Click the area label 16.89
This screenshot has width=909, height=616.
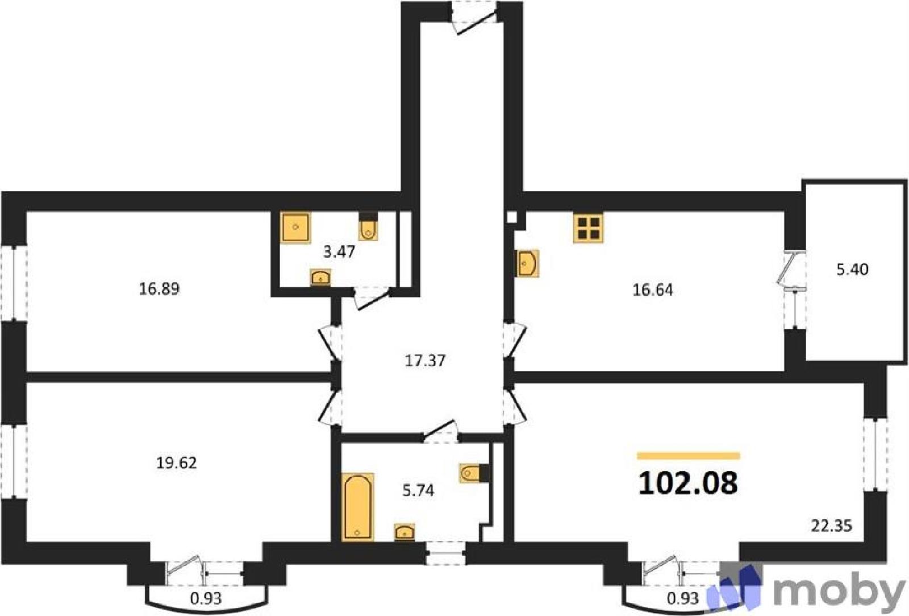(159, 290)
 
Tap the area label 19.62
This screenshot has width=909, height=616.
(177, 463)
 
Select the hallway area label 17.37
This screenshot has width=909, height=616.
(426, 361)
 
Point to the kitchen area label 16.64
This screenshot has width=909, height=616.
(653, 290)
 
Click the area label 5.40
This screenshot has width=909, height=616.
(853, 270)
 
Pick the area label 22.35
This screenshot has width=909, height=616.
(832, 526)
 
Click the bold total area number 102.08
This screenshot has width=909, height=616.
(688, 483)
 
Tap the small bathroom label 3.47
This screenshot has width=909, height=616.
(339, 253)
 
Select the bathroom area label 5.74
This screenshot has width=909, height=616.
(418, 491)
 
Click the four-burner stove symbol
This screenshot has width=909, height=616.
(589, 228)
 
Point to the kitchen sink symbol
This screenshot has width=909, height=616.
(527, 263)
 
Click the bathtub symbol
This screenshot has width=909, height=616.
(357, 507)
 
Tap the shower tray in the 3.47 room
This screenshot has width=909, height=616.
(296, 228)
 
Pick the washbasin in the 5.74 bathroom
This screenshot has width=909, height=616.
(405, 532)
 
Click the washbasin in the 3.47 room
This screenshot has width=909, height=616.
(320, 278)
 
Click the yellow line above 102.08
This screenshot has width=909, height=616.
(688, 456)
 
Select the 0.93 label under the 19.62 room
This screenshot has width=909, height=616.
(206, 598)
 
